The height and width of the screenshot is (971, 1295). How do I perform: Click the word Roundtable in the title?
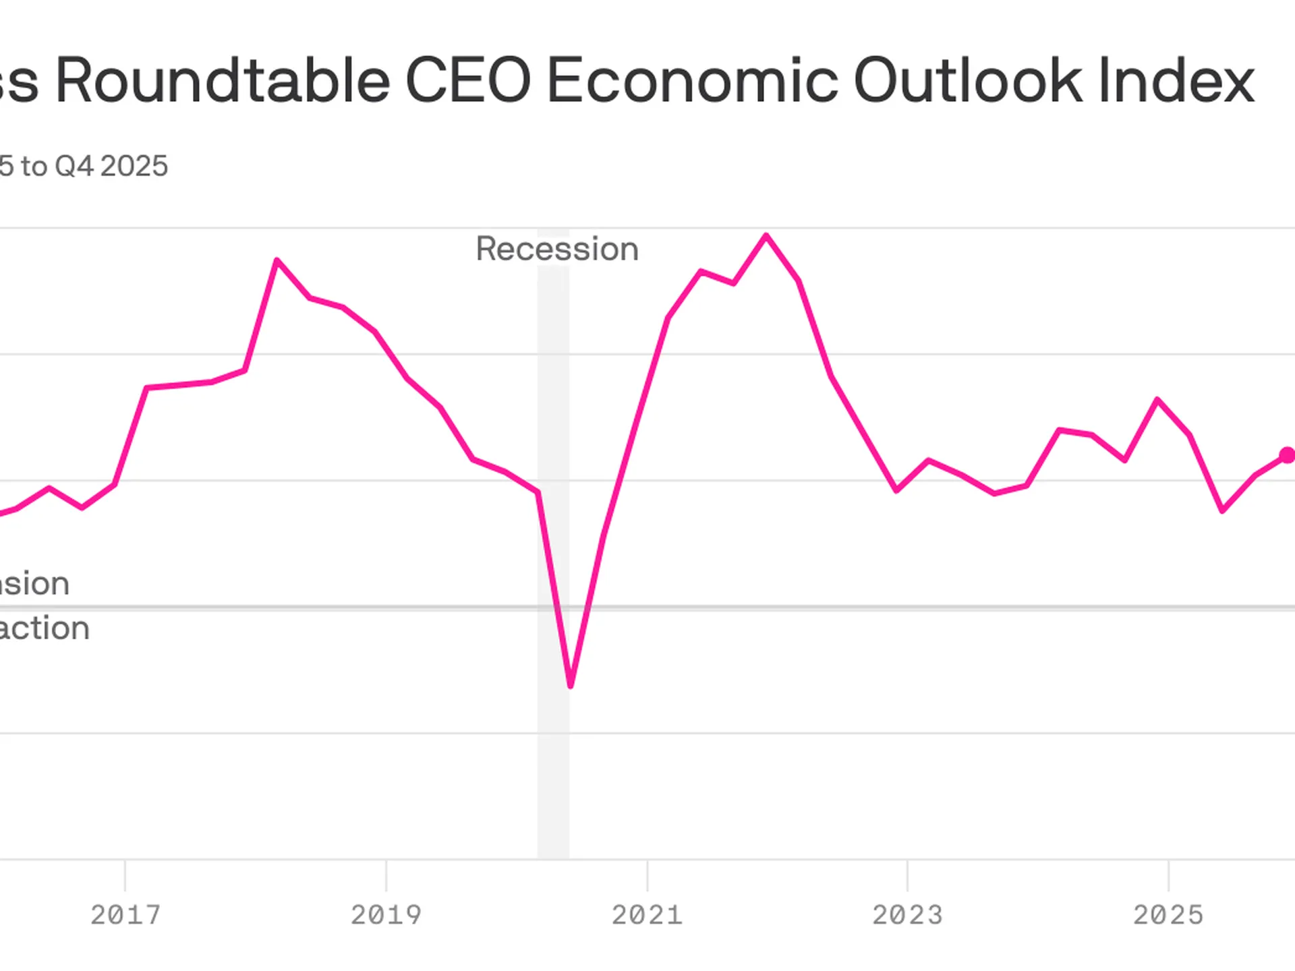[223, 81]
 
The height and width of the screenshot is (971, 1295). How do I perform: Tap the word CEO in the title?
[468, 81]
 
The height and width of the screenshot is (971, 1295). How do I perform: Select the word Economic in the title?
[692, 81]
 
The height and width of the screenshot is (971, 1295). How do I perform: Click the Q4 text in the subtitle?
[74, 166]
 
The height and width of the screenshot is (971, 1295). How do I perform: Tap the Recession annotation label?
[557, 249]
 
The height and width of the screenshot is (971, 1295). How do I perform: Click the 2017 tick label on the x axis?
[125, 915]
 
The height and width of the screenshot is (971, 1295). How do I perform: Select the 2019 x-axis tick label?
[386, 915]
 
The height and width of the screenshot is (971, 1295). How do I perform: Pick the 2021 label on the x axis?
[647, 915]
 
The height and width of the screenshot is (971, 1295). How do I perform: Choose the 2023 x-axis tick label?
[907, 915]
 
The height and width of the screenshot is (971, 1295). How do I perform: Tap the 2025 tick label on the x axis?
[1168, 915]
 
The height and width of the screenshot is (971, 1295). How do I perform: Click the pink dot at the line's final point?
[1287, 456]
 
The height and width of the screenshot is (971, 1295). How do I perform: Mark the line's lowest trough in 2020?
[571, 685]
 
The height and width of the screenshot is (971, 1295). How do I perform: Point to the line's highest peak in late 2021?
[766, 235]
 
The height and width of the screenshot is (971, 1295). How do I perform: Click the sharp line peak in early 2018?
[277, 260]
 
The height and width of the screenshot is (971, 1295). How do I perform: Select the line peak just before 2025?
[1157, 400]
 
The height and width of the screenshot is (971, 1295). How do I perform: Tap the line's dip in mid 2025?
[1223, 510]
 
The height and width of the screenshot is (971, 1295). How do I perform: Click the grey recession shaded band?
[553, 775]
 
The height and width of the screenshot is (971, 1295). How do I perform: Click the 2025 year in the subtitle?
[134, 166]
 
